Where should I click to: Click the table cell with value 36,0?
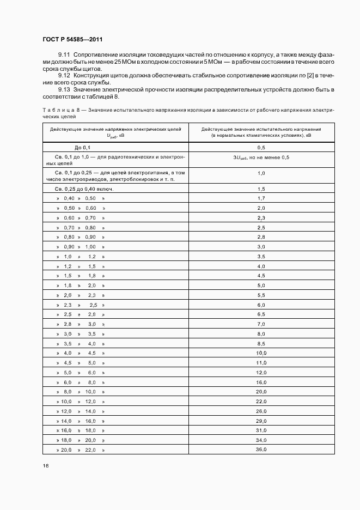tap(261, 450)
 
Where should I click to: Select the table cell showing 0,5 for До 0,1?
tap(261, 148)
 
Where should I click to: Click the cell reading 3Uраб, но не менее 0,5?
tap(261, 157)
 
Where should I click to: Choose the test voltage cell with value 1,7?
tap(261, 198)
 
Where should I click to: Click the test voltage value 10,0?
tap(261, 353)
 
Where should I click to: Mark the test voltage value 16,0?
tap(261, 382)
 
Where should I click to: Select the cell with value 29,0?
tap(261, 421)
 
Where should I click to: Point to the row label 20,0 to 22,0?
tap(80, 450)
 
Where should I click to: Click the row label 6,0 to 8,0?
tap(80, 382)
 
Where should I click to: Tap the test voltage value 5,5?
tap(261, 295)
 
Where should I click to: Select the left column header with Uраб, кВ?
tap(115, 132)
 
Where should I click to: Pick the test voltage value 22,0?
tap(261, 402)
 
